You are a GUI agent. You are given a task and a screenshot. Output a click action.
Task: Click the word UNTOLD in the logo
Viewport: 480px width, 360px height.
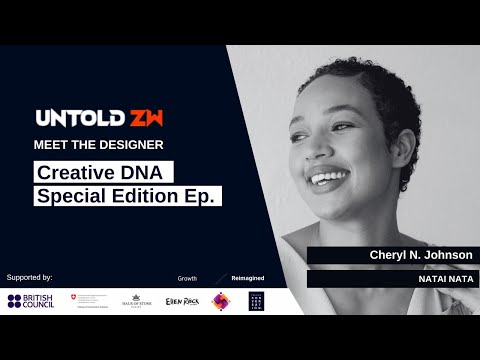click(72, 119)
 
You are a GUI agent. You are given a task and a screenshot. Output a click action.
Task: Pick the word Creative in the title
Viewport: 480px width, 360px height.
click(77, 172)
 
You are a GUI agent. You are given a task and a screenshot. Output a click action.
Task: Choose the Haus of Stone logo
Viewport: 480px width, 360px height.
click(136, 301)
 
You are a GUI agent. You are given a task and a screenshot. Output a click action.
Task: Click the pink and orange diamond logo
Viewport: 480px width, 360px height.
click(220, 301)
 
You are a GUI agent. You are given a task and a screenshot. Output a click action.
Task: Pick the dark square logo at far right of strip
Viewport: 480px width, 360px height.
click(256, 301)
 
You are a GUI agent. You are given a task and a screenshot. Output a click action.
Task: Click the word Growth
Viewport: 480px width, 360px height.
click(187, 277)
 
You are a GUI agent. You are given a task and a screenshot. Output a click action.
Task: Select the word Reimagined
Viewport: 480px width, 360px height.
click(247, 277)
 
